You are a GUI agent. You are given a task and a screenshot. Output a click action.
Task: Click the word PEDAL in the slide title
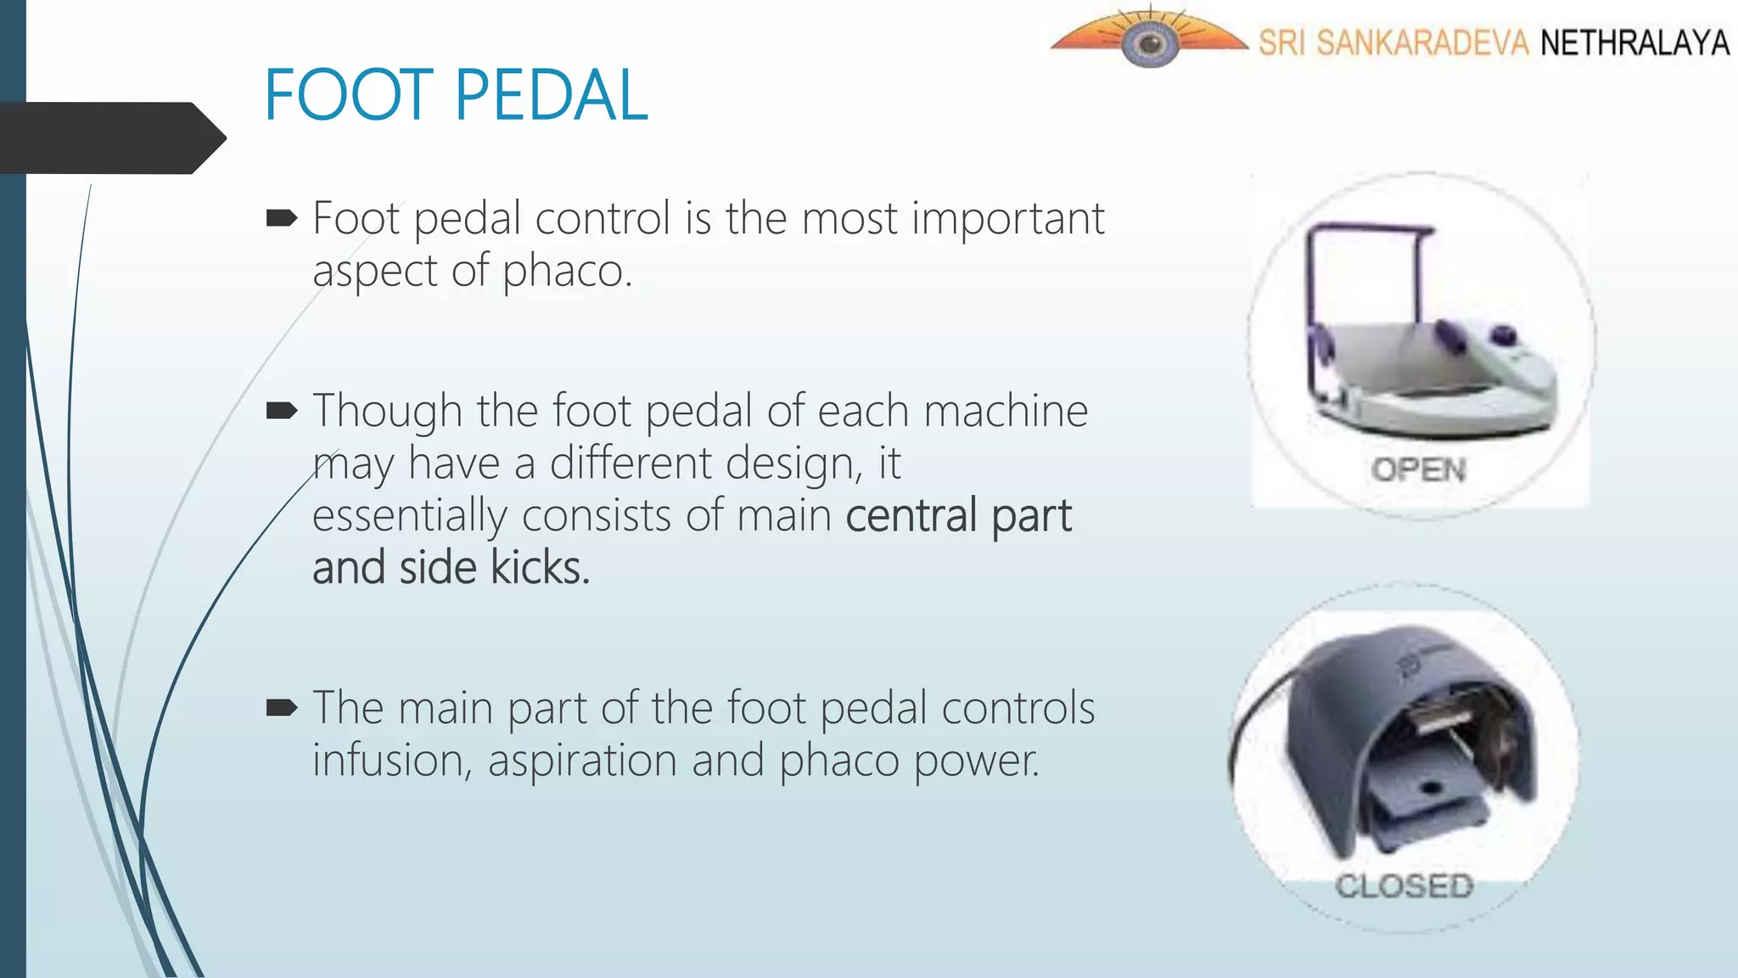(x=552, y=95)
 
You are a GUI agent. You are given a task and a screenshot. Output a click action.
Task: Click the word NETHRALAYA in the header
(x=1634, y=42)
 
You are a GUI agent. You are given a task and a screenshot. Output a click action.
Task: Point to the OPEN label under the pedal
(x=1419, y=469)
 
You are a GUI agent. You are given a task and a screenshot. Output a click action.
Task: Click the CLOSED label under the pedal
(x=1404, y=886)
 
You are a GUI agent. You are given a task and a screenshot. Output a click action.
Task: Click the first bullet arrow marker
(x=282, y=219)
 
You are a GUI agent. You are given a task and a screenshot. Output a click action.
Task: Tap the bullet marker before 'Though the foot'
(x=282, y=412)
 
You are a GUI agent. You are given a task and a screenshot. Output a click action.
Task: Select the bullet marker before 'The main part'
(x=282, y=708)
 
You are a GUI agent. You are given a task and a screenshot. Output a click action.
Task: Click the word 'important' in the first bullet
(x=1008, y=219)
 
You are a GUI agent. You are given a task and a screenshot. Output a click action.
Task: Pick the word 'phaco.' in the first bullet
(x=567, y=272)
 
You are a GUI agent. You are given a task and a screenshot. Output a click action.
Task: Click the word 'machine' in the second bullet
(x=1006, y=412)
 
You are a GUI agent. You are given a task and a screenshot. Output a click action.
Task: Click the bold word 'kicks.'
(x=540, y=568)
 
